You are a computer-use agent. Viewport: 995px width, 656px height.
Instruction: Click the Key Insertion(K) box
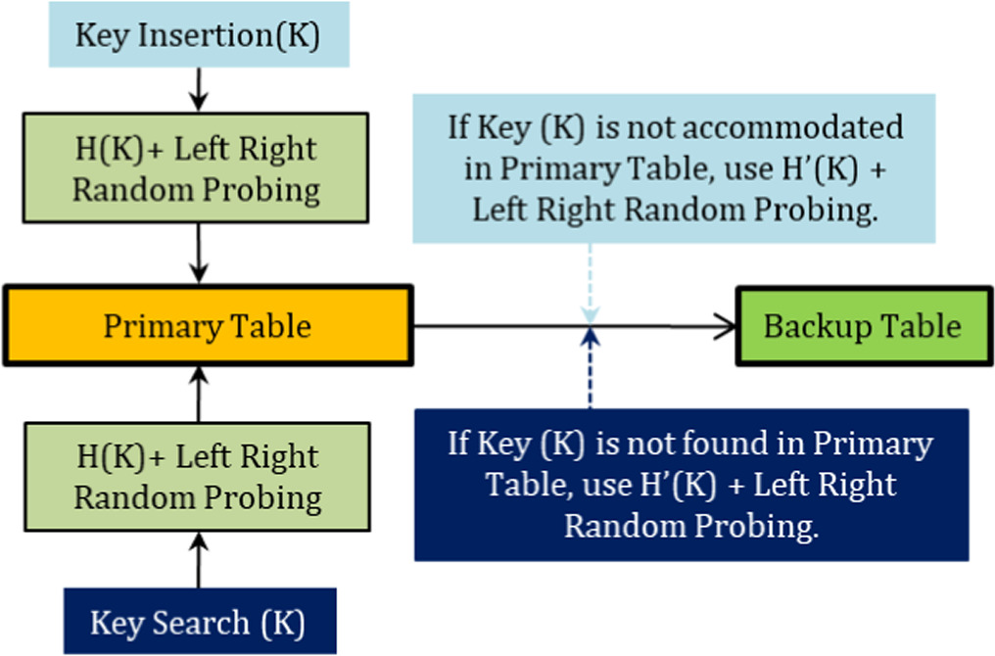point(198,36)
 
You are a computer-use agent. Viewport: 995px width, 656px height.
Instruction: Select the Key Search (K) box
point(200,621)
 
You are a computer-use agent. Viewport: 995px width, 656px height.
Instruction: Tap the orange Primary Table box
point(208,325)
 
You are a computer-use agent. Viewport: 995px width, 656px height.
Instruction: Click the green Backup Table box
point(862,326)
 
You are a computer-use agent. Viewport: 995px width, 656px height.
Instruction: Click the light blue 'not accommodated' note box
point(674,168)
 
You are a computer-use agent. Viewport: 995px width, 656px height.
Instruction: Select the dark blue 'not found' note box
point(690,485)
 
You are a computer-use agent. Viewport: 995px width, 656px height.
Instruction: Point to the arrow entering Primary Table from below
point(199,394)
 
